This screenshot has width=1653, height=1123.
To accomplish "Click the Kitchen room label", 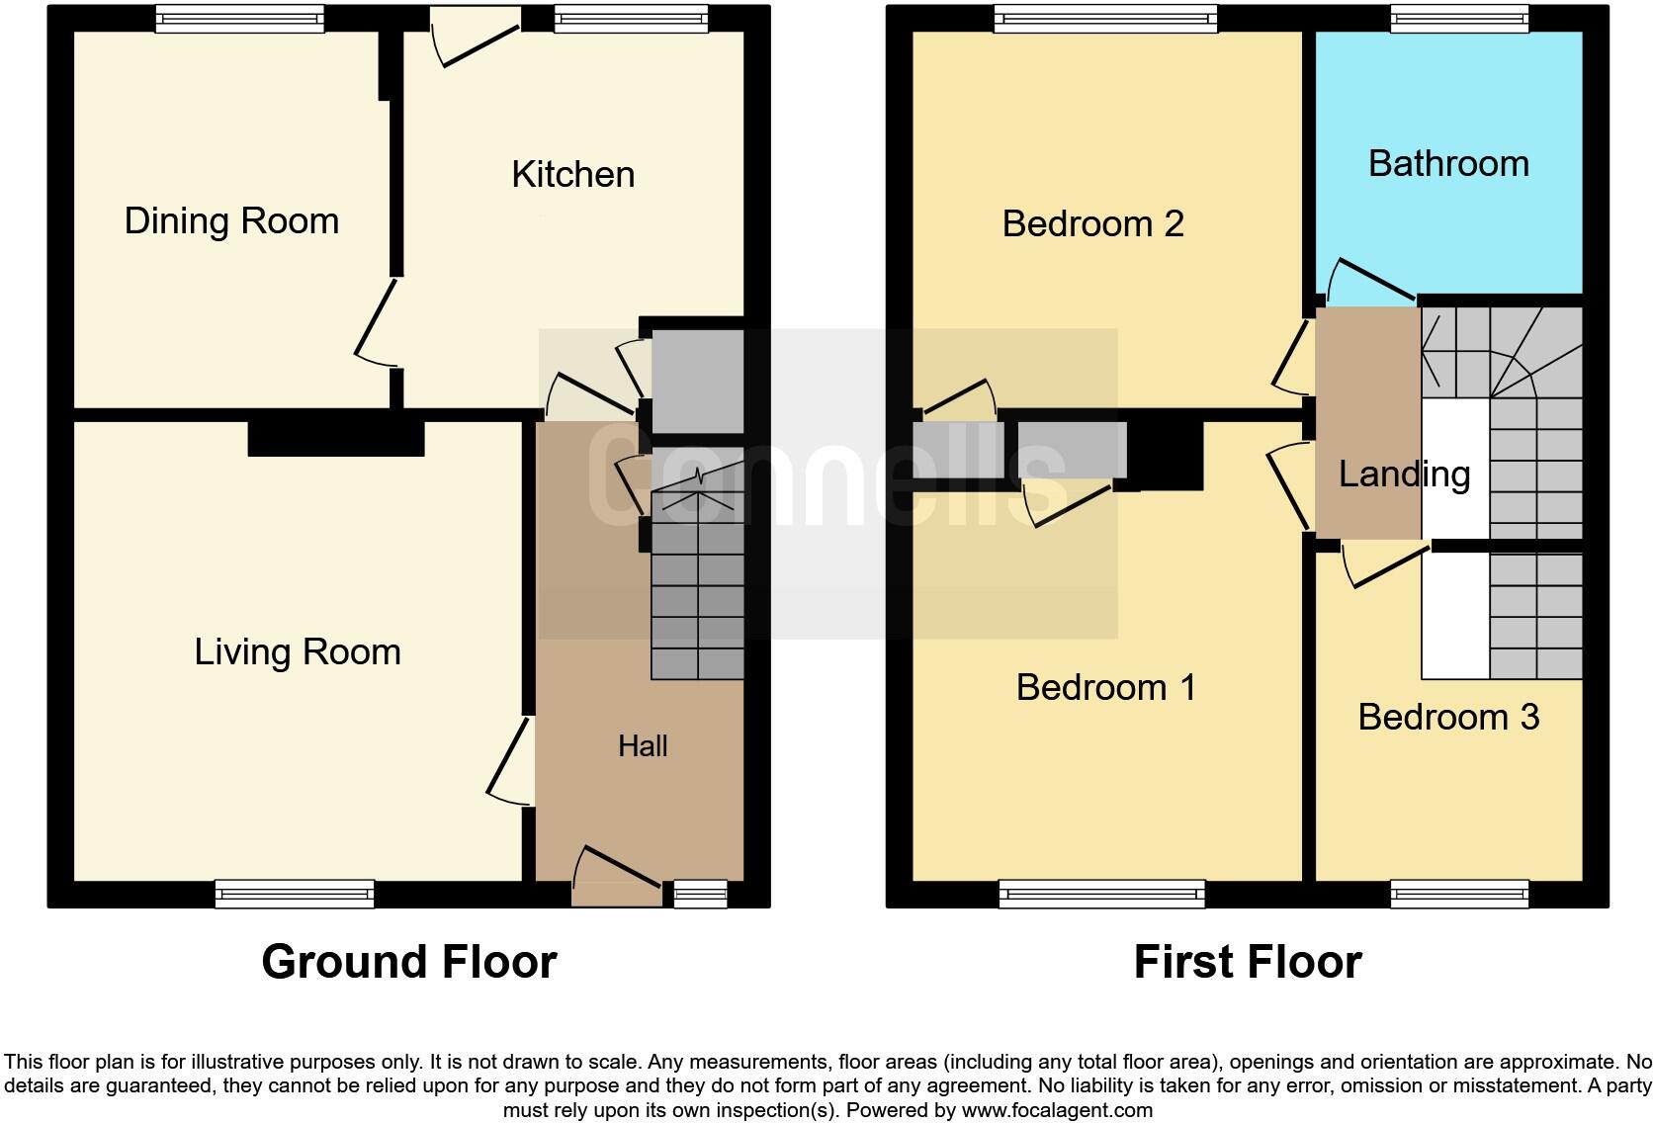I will pos(572,175).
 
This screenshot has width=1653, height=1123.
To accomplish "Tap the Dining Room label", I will pos(231,220).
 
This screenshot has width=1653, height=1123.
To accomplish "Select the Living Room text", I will pos(297,652).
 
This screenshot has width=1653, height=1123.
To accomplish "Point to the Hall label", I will pos(643,746).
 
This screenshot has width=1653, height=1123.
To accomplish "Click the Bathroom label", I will pos(1448,164).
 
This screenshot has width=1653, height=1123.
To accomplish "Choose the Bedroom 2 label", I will pos(1092,224).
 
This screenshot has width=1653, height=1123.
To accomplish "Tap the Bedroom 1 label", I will pos(1105,687).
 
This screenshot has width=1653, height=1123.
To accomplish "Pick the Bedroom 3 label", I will pos(1448,717).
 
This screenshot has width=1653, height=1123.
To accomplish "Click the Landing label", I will pos(1404,475).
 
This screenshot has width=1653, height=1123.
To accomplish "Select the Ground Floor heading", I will pos(409,962).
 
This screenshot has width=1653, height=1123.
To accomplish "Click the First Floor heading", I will pos(1248,962).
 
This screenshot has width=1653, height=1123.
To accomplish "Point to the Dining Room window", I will pos(240,19).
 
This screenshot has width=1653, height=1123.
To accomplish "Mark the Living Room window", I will pos(295,894).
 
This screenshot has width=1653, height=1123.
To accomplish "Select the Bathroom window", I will pos(1459,19).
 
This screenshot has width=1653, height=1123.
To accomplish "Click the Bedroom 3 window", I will pos(1459,894).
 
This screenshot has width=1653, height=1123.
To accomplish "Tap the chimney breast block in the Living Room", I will pos(336,439).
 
